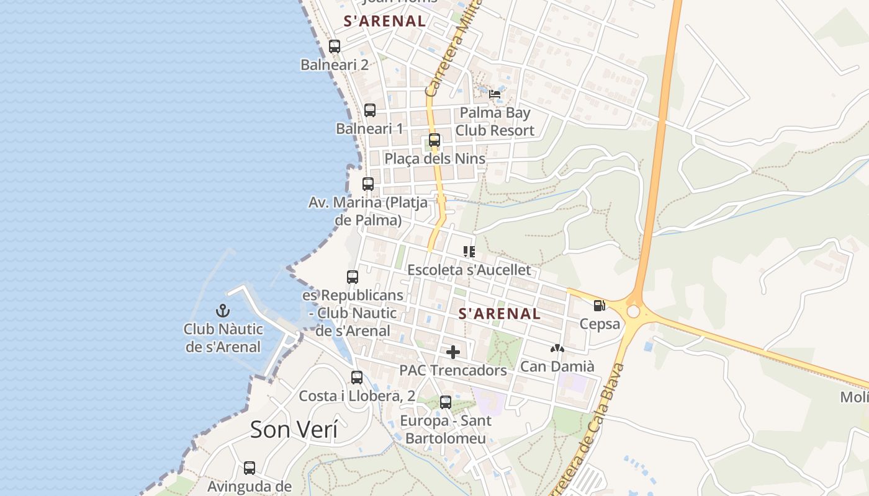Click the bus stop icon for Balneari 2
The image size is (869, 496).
tap(335, 46)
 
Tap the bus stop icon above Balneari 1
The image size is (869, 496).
tap(370, 110)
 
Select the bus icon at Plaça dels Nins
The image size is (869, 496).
tap(434, 140)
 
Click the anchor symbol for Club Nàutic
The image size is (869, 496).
tap(222, 310)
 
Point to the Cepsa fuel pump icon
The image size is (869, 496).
tap(599, 305)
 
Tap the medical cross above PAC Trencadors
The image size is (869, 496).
tap(453, 352)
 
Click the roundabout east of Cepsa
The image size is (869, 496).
tap(633, 311)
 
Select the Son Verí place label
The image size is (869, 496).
tap(294, 429)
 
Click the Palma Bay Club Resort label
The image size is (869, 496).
tap(495, 122)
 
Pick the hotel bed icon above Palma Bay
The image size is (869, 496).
tap(495, 94)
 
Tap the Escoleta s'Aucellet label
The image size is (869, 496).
tap(469, 270)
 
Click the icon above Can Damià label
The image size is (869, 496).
tap(557, 349)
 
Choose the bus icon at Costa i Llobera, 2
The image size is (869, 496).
tap(357, 377)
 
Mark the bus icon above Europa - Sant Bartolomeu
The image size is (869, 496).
tap(446, 402)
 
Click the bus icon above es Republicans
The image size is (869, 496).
tap(353, 277)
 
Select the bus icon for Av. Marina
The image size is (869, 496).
tap(368, 184)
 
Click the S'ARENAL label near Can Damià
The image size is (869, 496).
tap(499, 314)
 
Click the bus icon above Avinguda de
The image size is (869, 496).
tap(250, 467)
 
